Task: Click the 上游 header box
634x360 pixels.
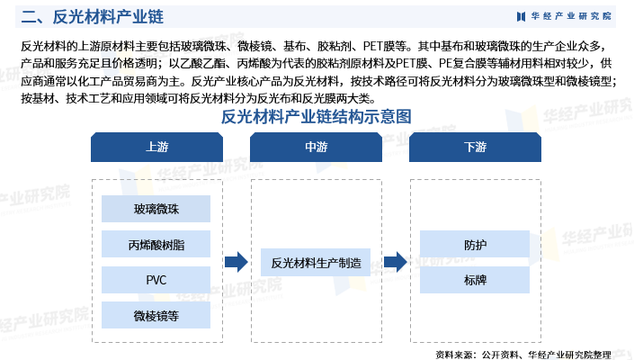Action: (x=156, y=147)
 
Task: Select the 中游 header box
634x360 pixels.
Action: (x=316, y=147)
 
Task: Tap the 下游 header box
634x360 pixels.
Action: (x=475, y=147)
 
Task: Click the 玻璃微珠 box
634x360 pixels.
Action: (x=156, y=210)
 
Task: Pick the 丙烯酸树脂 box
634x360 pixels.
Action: (x=156, y=245)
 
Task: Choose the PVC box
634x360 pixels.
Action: (x=156, y=280)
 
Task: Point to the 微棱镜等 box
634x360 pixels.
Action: (x=156, y=315)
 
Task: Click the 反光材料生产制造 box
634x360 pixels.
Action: (x=316, y=263)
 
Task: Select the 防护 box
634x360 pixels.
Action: (x=475, y=245)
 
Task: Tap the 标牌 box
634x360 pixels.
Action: (x=475, y=280)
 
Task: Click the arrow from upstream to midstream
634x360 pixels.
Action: (x=236, y=262)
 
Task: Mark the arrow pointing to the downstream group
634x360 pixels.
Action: (x=395, y=262)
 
